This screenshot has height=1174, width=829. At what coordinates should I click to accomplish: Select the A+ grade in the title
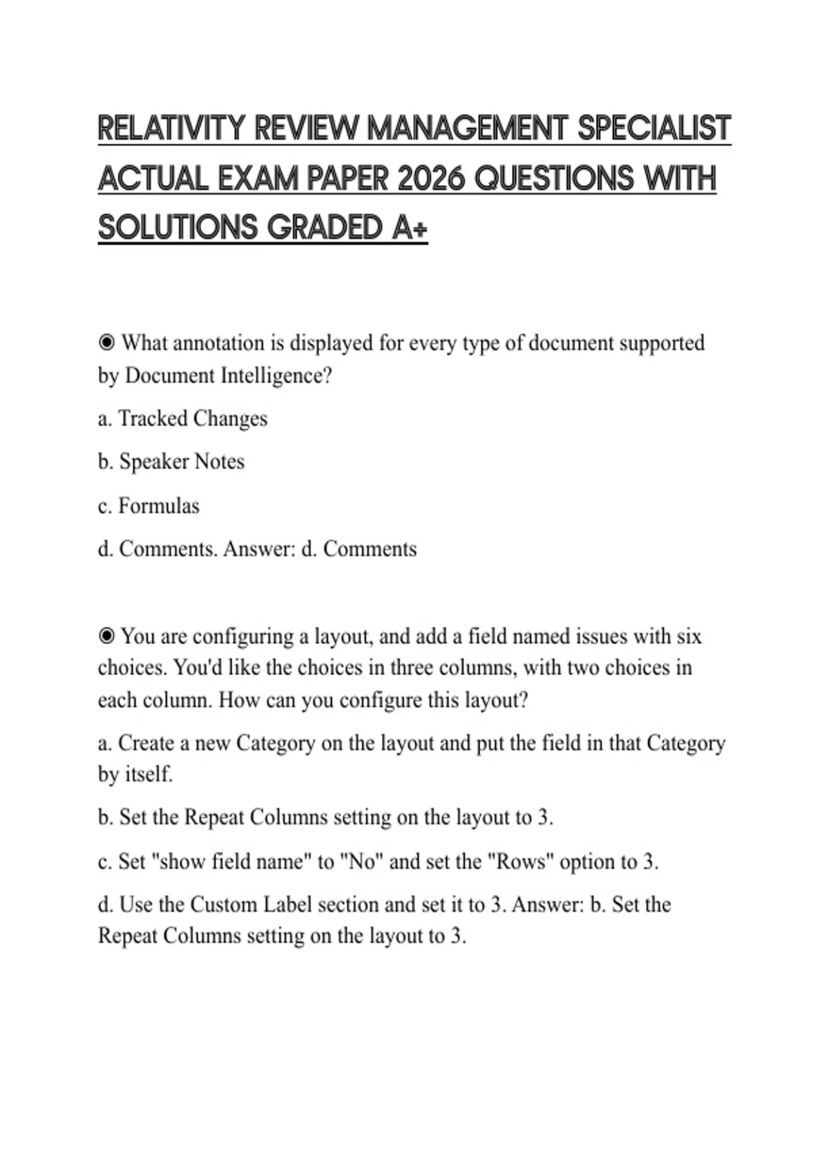[x=410, y=228]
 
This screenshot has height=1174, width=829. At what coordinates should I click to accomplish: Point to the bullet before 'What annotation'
[x=106, y=343]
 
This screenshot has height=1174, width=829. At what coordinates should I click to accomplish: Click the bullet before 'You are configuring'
[x=106, y=635]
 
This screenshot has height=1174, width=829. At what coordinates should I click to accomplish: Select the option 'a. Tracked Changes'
[x=182, y=418]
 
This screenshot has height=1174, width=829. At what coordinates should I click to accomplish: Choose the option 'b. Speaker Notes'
[x=171, y=461]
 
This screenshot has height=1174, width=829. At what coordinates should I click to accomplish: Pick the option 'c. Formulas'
[x=149, y=506]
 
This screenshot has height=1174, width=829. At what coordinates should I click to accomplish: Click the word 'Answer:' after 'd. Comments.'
[x=259, y=549]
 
